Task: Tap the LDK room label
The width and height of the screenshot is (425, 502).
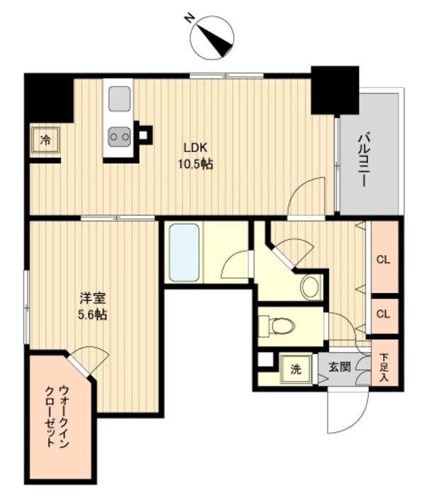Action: point(195,148)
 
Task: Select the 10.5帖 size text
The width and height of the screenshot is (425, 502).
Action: point(195,164)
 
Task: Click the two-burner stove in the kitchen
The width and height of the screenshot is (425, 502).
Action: point(119,134)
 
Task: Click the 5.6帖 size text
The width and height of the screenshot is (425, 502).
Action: point(92,315)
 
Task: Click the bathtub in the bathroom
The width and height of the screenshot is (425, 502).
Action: point(184,253)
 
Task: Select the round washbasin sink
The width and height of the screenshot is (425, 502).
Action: point(310,286)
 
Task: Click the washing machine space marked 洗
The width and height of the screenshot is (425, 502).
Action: point(297,368)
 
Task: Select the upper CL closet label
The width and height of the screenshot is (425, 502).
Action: point(383,259)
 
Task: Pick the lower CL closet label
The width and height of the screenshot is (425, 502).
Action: point(383,313)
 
